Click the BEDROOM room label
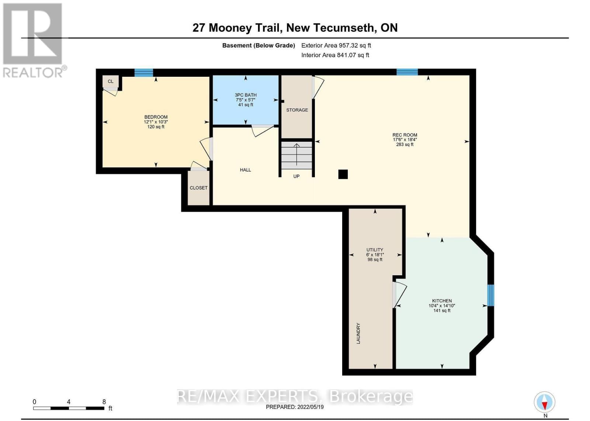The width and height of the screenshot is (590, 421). click(156, 117)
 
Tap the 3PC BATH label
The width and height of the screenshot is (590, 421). click(246, 95)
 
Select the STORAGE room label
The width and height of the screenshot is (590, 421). click(297, 110)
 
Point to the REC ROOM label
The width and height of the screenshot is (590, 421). click(405, 135)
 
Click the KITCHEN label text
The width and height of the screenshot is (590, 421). click(442, 301)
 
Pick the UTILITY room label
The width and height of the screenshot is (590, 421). click(375, 250)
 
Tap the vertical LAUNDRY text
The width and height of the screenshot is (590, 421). click(358, 334)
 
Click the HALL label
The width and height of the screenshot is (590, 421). click(245, 170)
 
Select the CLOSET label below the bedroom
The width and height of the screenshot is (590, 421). click(198, 188)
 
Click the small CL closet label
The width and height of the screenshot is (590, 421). click(111, 81)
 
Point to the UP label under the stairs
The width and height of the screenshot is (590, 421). click(296, 176)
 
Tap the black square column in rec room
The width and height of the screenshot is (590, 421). click(343, 174)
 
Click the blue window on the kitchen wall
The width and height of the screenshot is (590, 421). click(490, 295)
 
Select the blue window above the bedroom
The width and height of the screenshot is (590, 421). click(143, 72)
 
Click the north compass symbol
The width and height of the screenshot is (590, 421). click(545, 402)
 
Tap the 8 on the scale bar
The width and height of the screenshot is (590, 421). click(104, 402)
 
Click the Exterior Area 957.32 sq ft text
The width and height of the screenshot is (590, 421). click(336, 45)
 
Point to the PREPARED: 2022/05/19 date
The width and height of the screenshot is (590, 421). click(295, 407)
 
